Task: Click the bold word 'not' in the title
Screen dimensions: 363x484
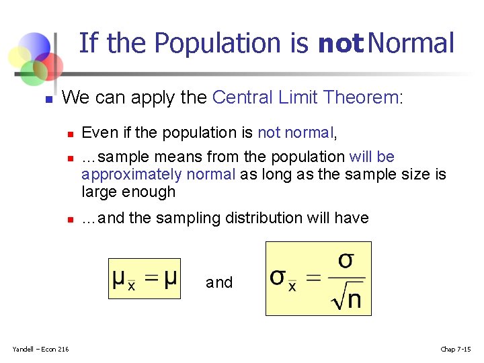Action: (x=341, y=44)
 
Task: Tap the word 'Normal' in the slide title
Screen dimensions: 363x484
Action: (x=411, y=43)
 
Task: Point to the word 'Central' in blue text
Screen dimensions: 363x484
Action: (x=238, y=97)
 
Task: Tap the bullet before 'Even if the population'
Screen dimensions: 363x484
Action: (x=69, y=134)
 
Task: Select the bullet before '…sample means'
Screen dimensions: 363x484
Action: (x=69, y=158)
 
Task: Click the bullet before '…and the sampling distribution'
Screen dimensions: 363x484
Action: (x=69, y=219)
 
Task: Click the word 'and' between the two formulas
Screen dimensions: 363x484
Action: (x=219, y=282)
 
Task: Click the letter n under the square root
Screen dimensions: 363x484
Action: (x=354, y=300)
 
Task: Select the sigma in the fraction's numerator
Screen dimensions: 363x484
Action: (x=346, y=260)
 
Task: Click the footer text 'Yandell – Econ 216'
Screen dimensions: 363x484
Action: (x=40, y=348)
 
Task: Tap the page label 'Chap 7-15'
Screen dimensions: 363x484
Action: (x=455, y=348)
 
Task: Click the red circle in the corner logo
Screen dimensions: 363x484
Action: (x=49, y=65)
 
